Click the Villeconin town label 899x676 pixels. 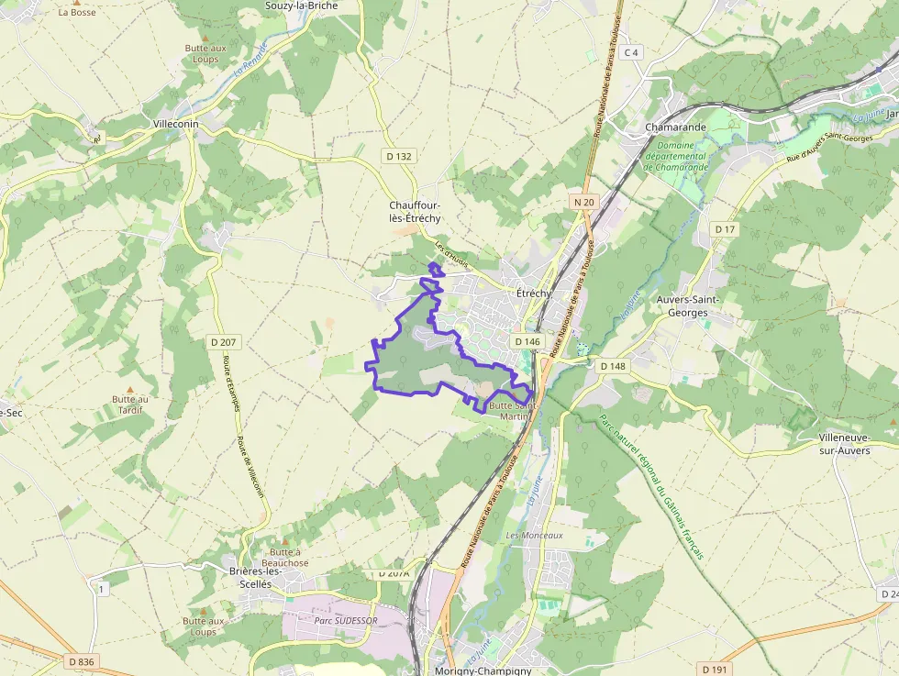click(176, 124)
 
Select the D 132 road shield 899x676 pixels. click(399, 156)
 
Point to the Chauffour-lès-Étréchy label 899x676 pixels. click(416, 212)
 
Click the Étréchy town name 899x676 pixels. click(534, 294)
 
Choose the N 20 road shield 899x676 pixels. click(583, 202)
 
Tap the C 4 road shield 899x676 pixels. click(630, 52)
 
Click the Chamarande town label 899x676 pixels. click(676, 127)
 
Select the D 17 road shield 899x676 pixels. click(725, 228)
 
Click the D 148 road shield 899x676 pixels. click(612, 366)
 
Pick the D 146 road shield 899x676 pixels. click(527, 341)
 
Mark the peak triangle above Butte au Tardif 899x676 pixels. click(128, 390)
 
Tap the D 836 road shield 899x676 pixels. click(81, 661)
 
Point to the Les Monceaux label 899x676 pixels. click(533, 535)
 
